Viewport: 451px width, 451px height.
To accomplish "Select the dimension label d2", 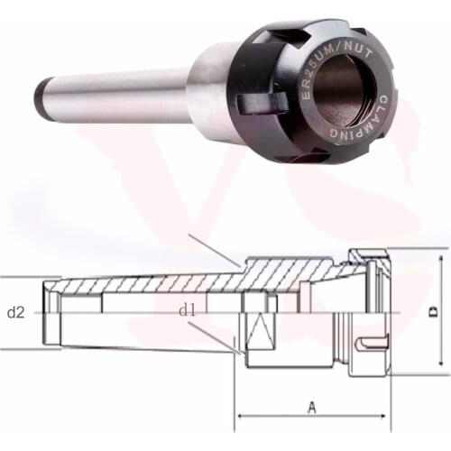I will pos(15,313).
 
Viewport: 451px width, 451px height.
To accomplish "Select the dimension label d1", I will pos(187,309).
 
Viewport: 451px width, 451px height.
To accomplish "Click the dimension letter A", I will pos(312,407).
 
